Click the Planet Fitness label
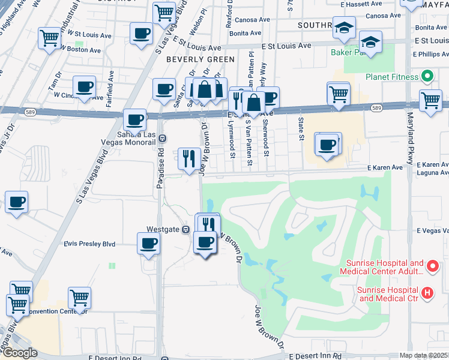click(x=392, y=77)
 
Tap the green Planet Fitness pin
click(x=427, y=77)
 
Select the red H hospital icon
click(x=427, y=293)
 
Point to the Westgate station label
click(x=163, y=229)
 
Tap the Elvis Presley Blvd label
click(x=90, y=244)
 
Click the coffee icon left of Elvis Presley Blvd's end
click(x=149, y=244)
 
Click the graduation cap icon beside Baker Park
click(x=370, y=43)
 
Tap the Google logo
click(x=19, y=353)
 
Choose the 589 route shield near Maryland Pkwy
click(x=376, y=108)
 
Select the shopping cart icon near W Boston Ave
click(x=49, y=38)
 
